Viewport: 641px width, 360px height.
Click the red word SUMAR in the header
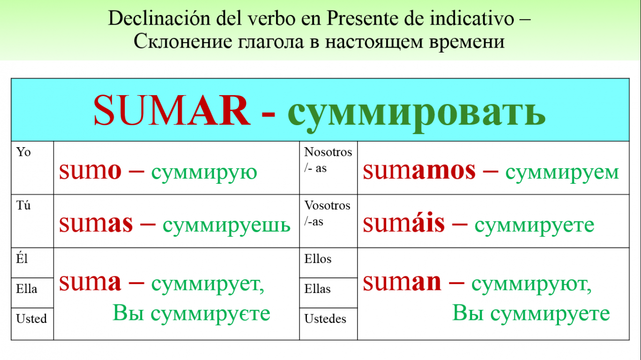172,110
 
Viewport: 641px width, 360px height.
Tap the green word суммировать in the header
417,115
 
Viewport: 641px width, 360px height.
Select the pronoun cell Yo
23,152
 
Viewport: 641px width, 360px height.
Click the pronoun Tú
23,205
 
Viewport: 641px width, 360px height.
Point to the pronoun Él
22,258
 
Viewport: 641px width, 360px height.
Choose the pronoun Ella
27,289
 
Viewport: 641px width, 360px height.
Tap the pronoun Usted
32,318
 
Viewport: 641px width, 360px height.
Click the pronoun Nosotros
328,152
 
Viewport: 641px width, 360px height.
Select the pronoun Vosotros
327,205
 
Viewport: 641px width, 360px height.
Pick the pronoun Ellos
317,259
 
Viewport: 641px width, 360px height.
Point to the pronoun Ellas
317,289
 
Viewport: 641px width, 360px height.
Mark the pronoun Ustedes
325,318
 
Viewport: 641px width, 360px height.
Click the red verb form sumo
90,171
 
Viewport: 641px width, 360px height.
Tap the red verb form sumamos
419,171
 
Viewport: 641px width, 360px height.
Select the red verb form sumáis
404,223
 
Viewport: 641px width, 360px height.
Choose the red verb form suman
402,282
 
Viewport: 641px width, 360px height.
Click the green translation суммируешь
227,226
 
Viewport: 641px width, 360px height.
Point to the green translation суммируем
562,173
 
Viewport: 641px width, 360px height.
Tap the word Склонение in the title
183,42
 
